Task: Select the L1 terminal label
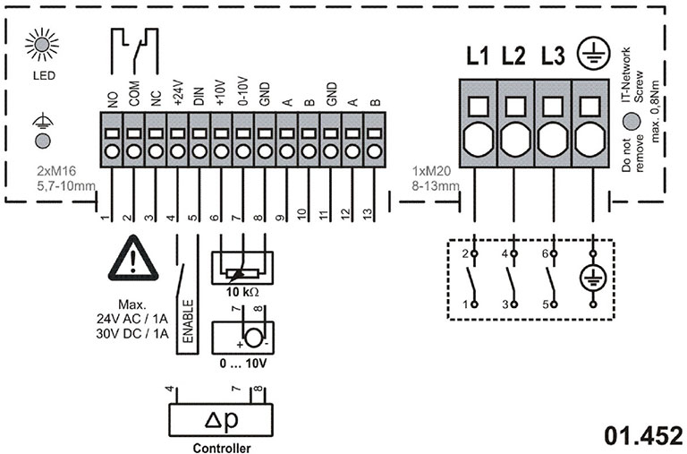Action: coord(477,56)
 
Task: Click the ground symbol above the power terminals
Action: coord(591,55)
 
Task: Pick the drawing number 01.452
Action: coord(642,436)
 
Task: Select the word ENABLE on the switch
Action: coord(188,324)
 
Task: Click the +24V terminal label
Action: coord(178,95)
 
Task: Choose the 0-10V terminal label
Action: coord(243,95)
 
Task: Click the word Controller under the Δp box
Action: coord(221,448)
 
